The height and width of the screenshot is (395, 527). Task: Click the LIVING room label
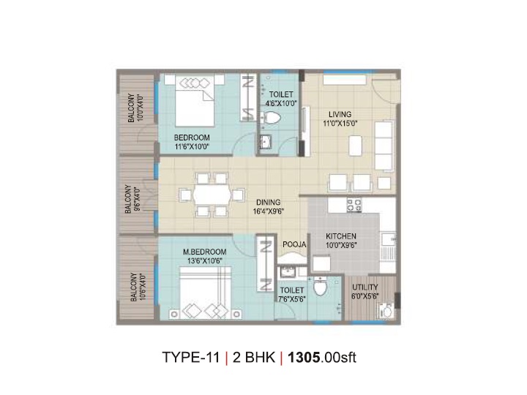[340, 114]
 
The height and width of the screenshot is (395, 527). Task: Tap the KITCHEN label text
[341, 236]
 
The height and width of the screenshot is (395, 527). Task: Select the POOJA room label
[294, 244]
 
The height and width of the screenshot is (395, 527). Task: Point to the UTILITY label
[365, 287]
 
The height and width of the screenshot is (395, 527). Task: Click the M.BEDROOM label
[204, 252]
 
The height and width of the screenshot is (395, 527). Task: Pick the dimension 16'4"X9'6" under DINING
[269, 211]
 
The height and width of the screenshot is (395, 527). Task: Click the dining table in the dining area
[212, 195]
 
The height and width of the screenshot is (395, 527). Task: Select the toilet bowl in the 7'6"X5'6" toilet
[320, 287]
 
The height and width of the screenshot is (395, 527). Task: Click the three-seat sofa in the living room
[384, 146]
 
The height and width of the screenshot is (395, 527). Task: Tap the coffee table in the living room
[355, 146]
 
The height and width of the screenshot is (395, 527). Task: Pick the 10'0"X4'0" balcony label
[135, 108]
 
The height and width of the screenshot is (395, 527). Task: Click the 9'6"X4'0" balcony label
[132, 199]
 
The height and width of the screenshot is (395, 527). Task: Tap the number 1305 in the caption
[304, 357]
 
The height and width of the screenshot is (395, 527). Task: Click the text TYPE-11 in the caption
[190, 357]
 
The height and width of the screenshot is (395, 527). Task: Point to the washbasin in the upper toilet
[266, 141]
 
